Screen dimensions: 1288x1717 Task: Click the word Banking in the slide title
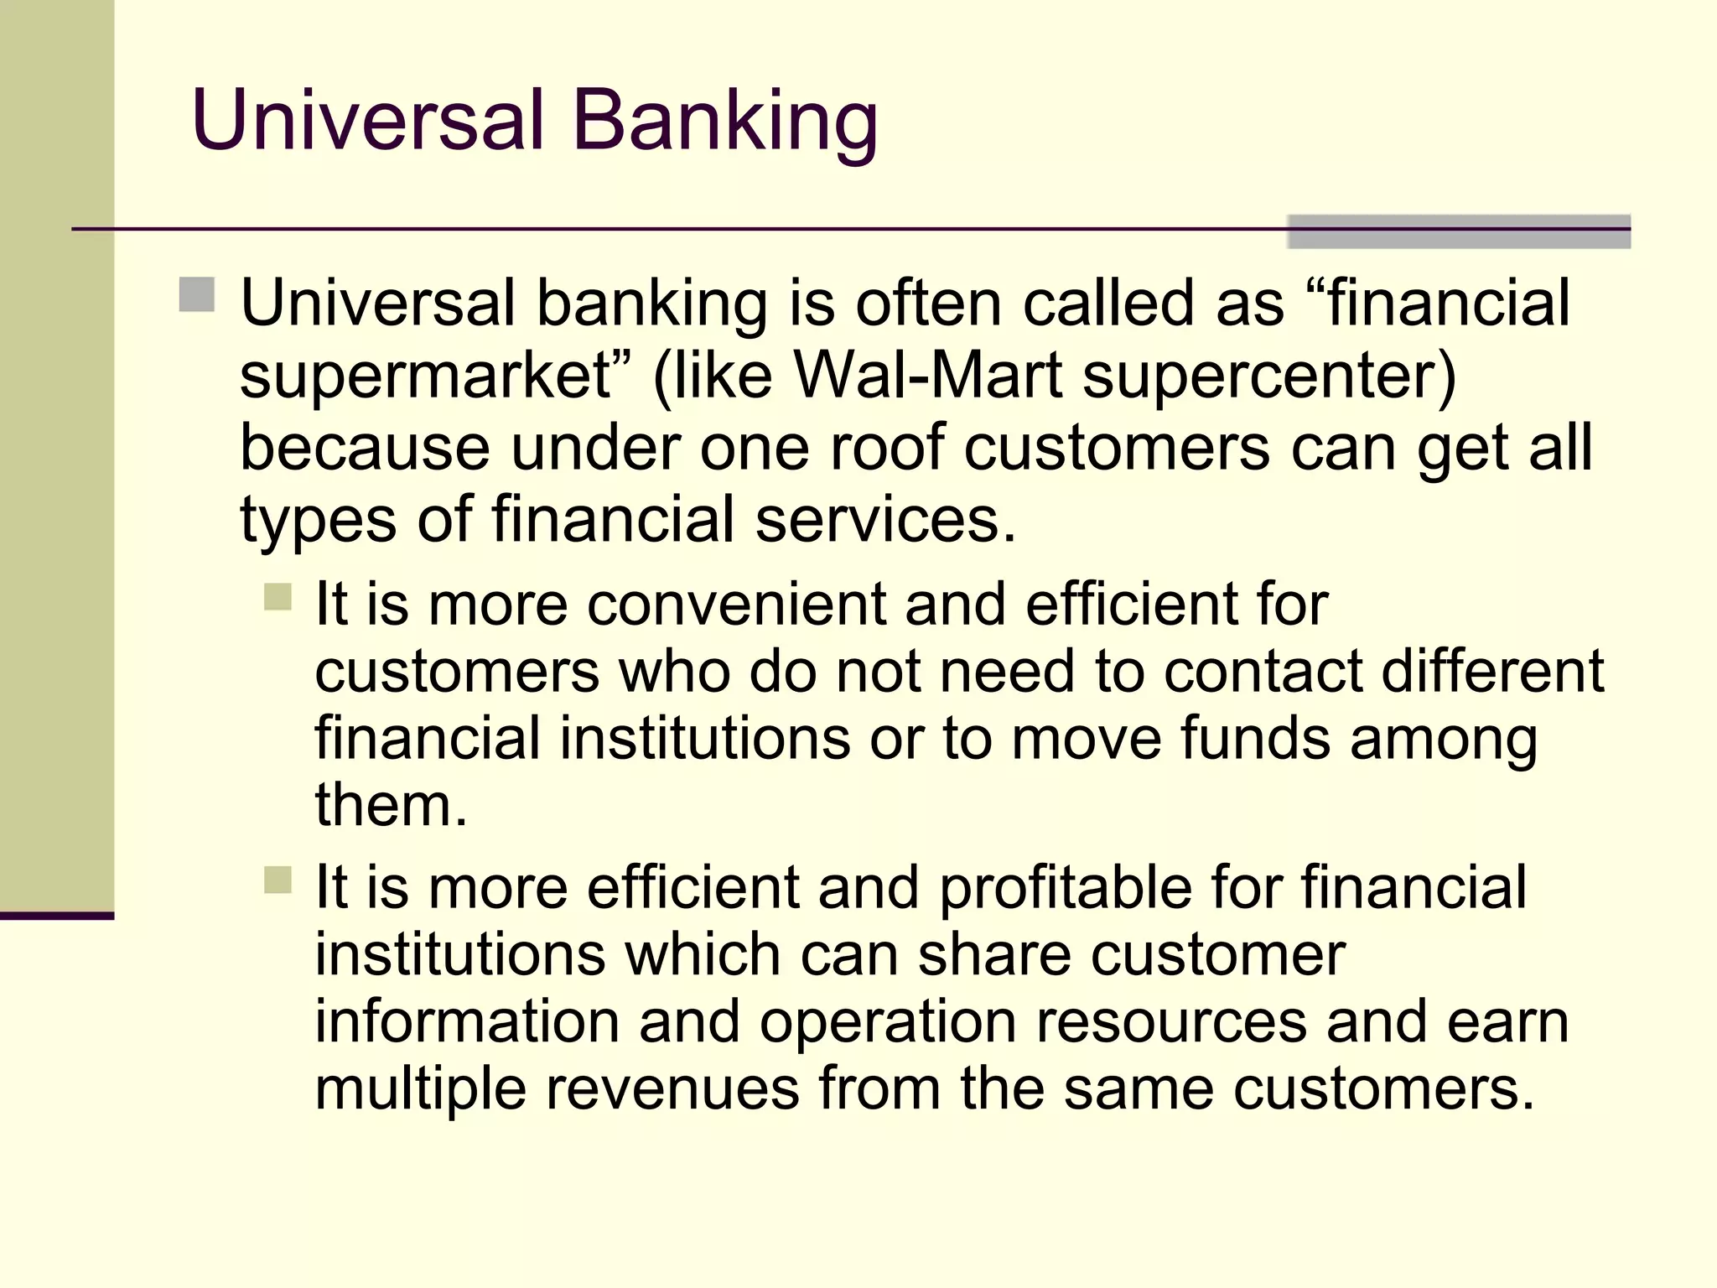pyautogui.click(x=725, y=122)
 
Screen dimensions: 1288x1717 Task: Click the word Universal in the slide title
pyautogui.click(x=369, y=122)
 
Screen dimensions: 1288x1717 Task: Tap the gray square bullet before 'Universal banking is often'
pyautogui.click(x=197, y=295)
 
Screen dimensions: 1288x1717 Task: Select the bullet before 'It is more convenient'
pyautogui.click(x=278, y=597)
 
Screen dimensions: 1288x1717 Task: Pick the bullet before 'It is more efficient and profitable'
pyautogui.click(x=278, y=880)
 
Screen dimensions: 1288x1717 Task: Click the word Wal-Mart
pyautogui.click(x=928, y=376)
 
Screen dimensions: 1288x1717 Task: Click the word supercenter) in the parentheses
pyautogui.click(x=1268, y=376)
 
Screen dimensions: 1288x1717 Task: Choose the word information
pyautogui.click(x=467, y=1021)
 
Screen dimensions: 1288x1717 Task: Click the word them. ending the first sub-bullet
pyautogui.click(x=391, y=805)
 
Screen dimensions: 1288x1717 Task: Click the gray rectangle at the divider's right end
pyautogui.click(x=1459, y=231)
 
